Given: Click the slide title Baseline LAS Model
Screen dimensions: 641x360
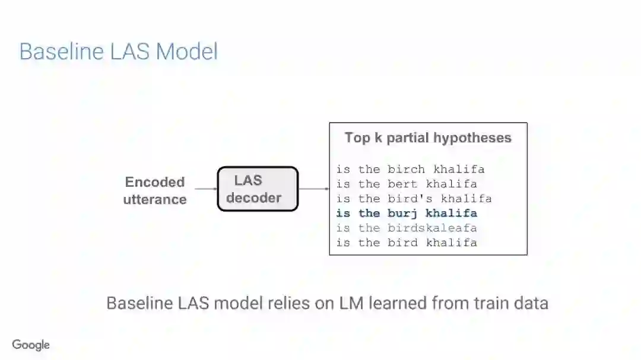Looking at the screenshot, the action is (118, 52).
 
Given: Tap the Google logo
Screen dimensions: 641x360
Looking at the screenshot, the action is (31, 345).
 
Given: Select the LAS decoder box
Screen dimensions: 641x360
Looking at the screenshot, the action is (258, 189).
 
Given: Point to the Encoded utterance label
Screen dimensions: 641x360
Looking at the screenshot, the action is (155, 190).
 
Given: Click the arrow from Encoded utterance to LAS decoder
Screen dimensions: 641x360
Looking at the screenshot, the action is (205, 189).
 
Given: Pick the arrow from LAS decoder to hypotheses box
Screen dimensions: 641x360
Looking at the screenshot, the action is (313, 189).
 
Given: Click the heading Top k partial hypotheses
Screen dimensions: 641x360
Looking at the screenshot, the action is (428, 138).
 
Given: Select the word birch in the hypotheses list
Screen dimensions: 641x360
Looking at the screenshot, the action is (407, 169).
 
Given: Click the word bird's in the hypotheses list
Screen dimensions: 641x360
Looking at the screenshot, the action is (410, 199).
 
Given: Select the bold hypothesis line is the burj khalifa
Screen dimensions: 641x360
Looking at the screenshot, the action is (407, 213).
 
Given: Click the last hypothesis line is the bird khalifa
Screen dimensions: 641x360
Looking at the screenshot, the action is (407, 243).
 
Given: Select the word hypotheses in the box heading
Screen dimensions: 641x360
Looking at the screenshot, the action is (472, 138).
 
